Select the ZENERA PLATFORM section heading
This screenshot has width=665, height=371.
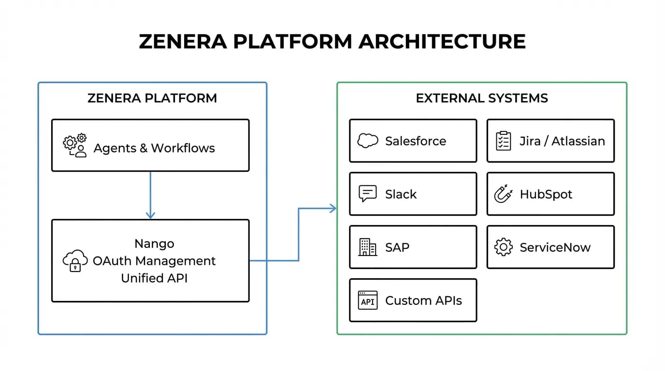[152, 99]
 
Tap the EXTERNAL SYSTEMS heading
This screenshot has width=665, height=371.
[482, 99]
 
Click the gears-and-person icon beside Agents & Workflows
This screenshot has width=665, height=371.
[75, 146]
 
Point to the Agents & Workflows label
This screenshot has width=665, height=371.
[154, 148]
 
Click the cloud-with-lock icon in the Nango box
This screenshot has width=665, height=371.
[75, 261]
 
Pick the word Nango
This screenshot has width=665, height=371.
[154, 243]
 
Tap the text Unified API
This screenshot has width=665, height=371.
[154, 278]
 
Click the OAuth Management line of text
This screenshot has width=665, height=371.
[154, 261]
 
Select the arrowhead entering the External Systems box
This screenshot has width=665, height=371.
[332, 208]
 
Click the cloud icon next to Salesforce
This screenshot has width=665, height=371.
[367, 141]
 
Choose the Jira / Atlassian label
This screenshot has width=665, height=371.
[562, 141]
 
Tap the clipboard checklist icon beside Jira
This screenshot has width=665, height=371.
[504, 141]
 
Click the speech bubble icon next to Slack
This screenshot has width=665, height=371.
[367, 194]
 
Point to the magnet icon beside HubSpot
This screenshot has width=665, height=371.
[503, 194]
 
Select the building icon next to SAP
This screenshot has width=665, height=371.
[367, 247]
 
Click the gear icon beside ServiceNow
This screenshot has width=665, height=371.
[503, 247]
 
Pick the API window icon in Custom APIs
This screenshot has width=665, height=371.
[367, 300]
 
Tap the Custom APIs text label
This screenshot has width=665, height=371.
[423, 300]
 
